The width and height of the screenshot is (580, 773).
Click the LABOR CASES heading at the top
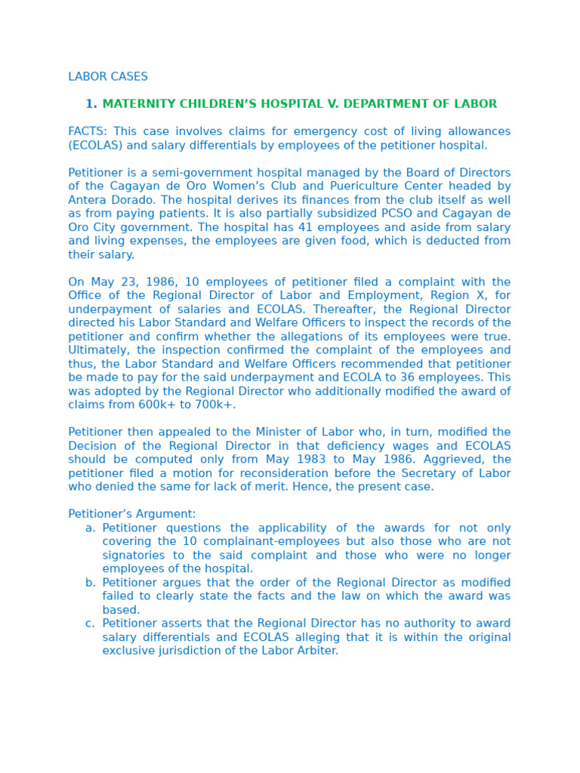(108, 77)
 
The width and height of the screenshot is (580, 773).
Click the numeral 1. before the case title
(91, 104)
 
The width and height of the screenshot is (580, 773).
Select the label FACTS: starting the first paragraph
(88, 132)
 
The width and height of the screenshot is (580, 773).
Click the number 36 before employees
(433, 377)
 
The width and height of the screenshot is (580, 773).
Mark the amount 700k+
(216, 405)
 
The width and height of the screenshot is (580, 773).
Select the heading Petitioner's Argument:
(131, 514)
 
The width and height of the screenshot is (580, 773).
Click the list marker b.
(91, 583)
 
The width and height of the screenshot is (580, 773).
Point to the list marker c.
(90, 624)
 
